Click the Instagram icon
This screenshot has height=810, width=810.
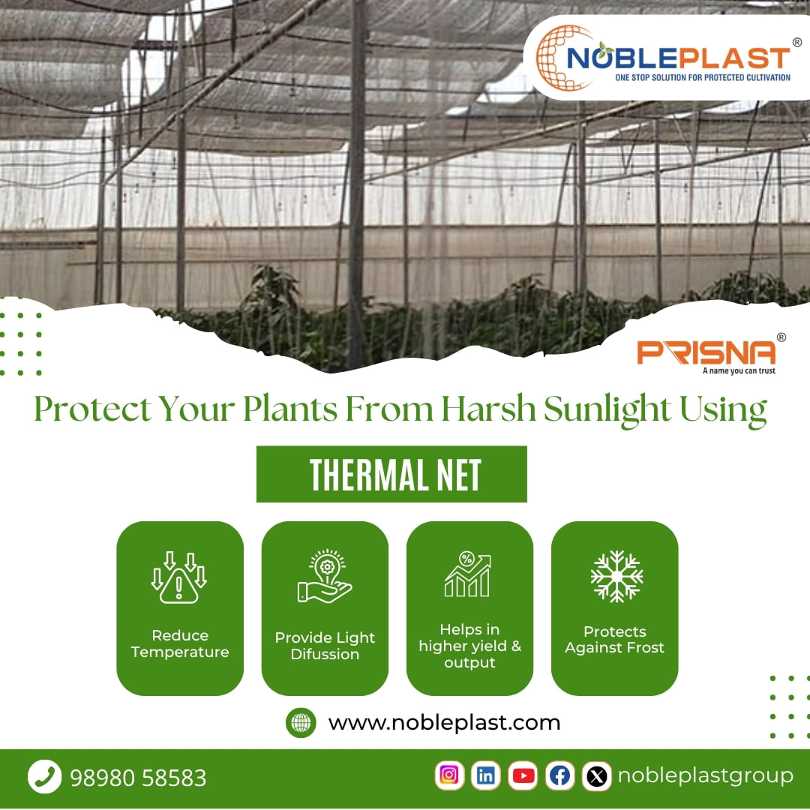(449, 775)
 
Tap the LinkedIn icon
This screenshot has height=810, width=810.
(486, 775)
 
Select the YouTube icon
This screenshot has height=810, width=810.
(523, 775)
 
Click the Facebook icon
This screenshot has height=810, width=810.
(559, 775)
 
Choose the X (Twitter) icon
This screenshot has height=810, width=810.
(596, 775)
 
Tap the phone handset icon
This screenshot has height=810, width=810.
(44, 776)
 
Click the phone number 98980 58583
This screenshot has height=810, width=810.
(138, 778)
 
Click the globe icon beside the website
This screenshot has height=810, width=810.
(301, 723)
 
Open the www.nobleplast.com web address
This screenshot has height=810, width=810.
(444, 723)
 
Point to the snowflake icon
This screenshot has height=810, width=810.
(616, 577)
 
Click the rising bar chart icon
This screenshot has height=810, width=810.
(467, 574)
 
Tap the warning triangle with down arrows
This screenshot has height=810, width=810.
(179, 577)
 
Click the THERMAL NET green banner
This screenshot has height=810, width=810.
(391, 474)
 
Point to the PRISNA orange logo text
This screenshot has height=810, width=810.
(706, 352)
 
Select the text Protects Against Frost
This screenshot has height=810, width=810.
(614, 640)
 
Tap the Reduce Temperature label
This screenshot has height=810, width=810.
(180, 643)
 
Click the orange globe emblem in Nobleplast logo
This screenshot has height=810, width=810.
(559, 58)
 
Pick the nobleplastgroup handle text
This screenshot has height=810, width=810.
(705, 775)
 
